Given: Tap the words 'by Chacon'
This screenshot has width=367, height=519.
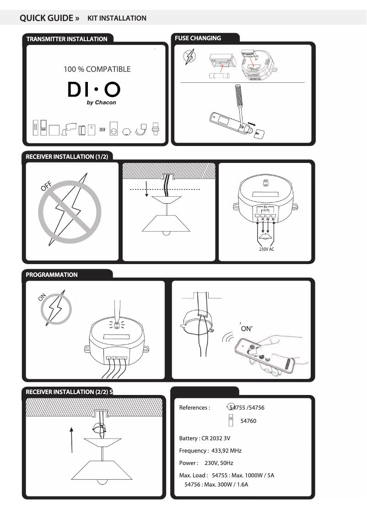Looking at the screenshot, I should [101, 103].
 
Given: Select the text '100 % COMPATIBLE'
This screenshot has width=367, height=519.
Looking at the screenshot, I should [97, 70].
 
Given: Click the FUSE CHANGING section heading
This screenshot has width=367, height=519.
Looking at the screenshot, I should [198, 38].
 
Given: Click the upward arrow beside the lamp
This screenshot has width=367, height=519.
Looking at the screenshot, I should [72, 439].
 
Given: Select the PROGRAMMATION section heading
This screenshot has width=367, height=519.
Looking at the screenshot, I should [52, 275].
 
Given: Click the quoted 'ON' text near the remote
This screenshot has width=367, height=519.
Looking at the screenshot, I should [247, 329].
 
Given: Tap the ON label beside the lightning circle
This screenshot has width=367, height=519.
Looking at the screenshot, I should [43, 297].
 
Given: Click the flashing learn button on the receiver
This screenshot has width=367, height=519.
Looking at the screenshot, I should [116, 325].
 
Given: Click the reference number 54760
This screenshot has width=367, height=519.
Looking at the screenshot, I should [248, 421].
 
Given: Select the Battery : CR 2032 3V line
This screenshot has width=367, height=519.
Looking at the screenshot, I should [205, 438].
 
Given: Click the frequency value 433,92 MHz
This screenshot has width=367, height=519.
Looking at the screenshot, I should [226, 451].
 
